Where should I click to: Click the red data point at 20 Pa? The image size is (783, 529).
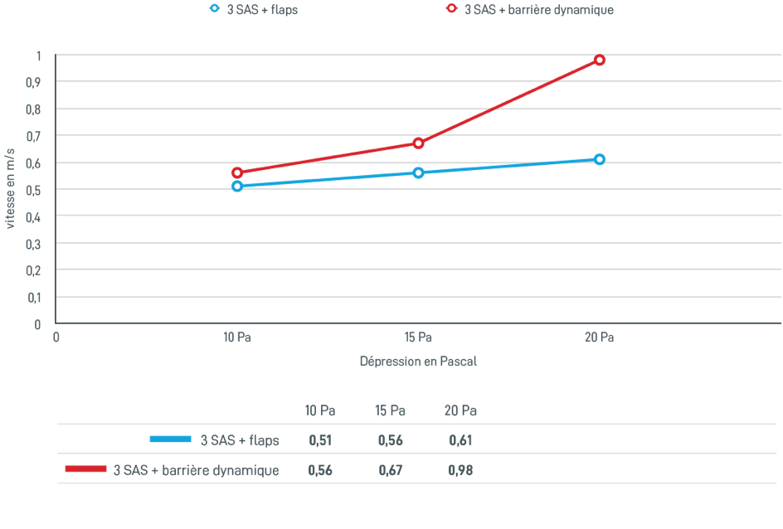(x=600, y=60)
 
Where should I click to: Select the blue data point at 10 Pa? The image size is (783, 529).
(x=237, y=186)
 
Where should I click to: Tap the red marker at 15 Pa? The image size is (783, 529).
(x=419, y=143)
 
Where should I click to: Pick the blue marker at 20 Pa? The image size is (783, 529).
(x=600, y=158)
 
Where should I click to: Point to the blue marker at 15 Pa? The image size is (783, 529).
(x=419, y=172)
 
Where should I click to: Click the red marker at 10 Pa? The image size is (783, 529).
(x=237, y=172)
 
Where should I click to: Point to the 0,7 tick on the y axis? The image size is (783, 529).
(x=37, y=135)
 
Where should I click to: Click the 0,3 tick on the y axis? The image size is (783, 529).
(x=37, y=244)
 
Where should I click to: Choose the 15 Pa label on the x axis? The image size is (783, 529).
(x=418, y=337)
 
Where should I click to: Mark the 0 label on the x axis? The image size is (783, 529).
(x=56, y=337)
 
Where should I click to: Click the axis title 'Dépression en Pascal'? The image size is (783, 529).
(x=419, y=362)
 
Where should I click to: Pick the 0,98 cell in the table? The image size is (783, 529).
(x=460, y=470)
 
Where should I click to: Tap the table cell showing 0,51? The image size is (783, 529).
(x=320, y=440)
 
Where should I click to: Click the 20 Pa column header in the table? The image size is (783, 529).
(x=460, y=410)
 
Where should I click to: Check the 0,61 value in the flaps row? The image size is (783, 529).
(x=460, y=440)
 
